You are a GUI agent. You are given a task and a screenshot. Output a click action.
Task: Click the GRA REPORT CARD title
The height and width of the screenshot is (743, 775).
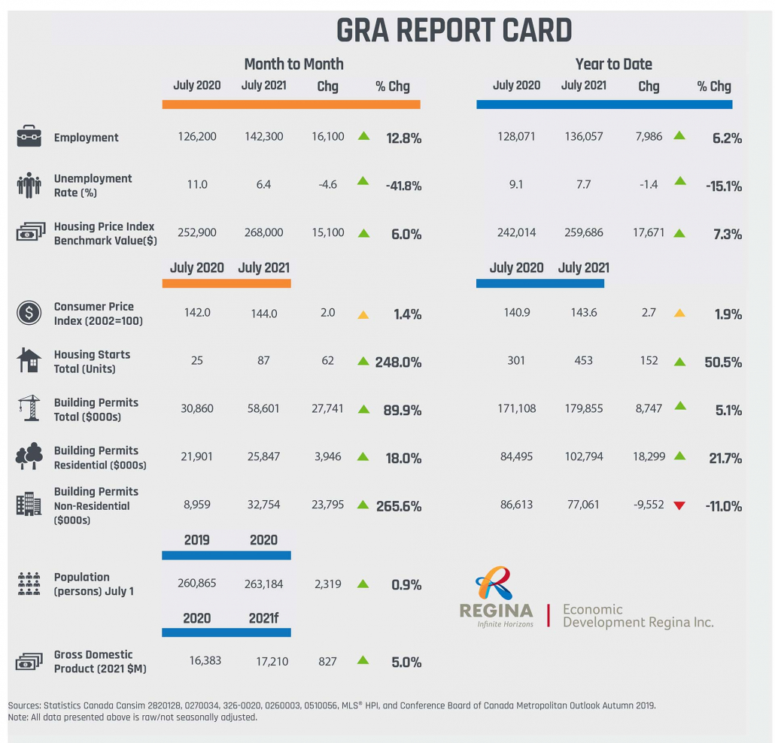click(454, 30)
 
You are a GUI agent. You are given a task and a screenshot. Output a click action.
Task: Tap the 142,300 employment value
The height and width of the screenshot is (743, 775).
click(263, 138)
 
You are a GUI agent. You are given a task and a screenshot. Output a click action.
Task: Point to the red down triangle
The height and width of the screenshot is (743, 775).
click(679, 505)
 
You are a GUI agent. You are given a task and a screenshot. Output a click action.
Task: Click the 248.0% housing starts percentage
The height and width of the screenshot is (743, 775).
click(398, 362)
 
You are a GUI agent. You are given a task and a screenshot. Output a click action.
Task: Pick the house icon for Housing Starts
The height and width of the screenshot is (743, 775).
click(29, 361)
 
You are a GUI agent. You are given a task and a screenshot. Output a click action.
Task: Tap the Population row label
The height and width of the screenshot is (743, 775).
click(93, 584)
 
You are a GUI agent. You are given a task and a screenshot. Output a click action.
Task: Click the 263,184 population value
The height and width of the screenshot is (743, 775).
click(263, 584)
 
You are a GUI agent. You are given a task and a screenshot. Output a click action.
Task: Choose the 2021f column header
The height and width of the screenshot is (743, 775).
click(263, 618)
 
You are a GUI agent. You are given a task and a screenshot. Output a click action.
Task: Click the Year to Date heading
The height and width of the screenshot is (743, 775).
click(613, 65)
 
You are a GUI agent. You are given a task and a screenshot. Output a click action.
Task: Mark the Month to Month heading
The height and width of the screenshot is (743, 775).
click(293, 65)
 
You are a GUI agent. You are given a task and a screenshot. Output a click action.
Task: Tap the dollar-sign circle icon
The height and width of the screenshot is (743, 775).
click(29, 313)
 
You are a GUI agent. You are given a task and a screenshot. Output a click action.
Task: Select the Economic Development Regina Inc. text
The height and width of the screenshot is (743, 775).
click(637, 616)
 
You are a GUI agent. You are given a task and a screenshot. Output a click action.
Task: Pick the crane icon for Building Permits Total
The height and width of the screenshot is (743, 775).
click(29, 409)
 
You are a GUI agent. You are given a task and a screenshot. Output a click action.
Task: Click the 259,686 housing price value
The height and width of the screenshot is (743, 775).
click(583, 233)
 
